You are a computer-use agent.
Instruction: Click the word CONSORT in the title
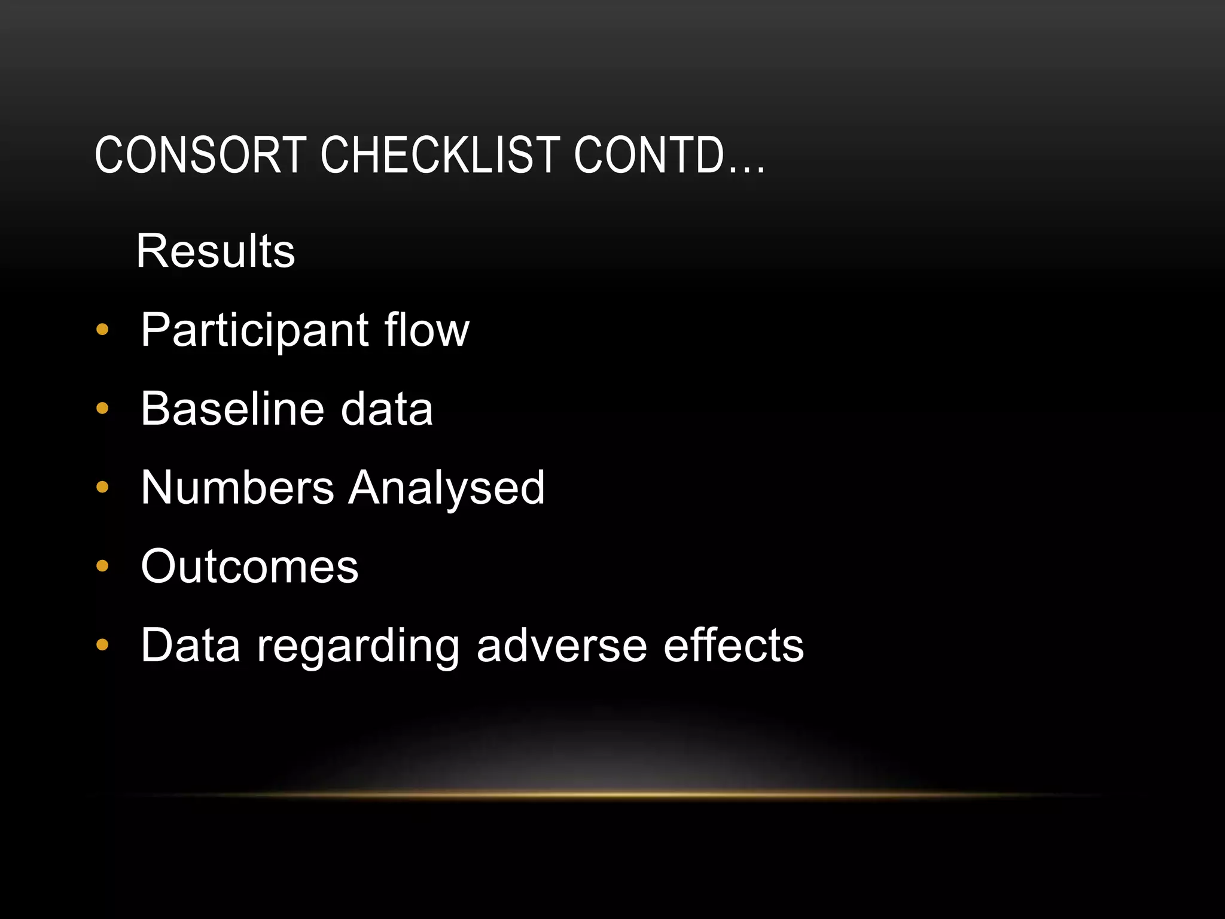click(200, 155)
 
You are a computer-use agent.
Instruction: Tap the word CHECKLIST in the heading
click(440, 155)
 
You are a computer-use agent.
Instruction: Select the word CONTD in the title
click(650, 155)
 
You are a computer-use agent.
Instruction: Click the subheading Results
click(215, 251)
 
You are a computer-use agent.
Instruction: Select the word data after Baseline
click(386, 409)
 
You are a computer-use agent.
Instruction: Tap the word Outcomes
click(249, 566)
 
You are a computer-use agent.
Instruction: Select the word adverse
click(562, 646)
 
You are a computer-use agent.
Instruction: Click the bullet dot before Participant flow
click(102, 329)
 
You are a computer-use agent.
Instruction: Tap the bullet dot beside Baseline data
click(102, 408)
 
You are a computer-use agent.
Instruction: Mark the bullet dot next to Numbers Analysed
click(102, 487)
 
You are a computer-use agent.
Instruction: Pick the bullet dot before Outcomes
click(102, 566)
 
